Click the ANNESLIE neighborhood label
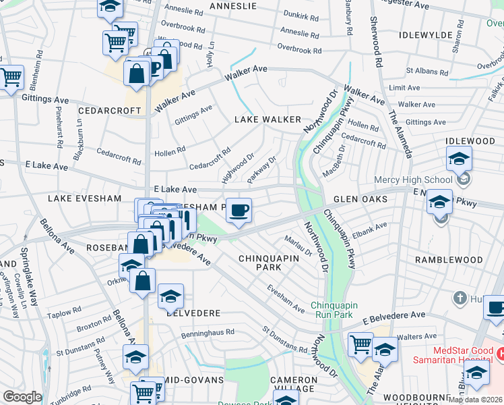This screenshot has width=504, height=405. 232,5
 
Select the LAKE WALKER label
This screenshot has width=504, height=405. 267,119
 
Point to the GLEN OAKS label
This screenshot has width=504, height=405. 360,199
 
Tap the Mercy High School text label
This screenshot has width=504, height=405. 414,180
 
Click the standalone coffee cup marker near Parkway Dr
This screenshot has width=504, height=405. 239,210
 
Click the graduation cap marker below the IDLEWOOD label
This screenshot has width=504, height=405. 458,159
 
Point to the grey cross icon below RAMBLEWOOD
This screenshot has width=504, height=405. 460,298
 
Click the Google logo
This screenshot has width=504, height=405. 22,397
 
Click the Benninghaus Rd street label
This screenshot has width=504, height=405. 208,332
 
